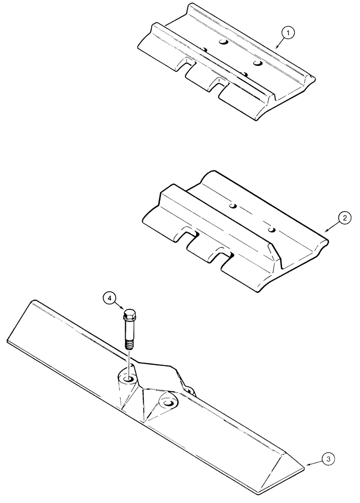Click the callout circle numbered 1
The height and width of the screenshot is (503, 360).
point(289,33)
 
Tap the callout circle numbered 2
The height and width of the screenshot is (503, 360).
point(344,218)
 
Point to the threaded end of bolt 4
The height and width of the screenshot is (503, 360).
point(129,344)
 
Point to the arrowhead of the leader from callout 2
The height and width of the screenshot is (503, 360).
point(326,230)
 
